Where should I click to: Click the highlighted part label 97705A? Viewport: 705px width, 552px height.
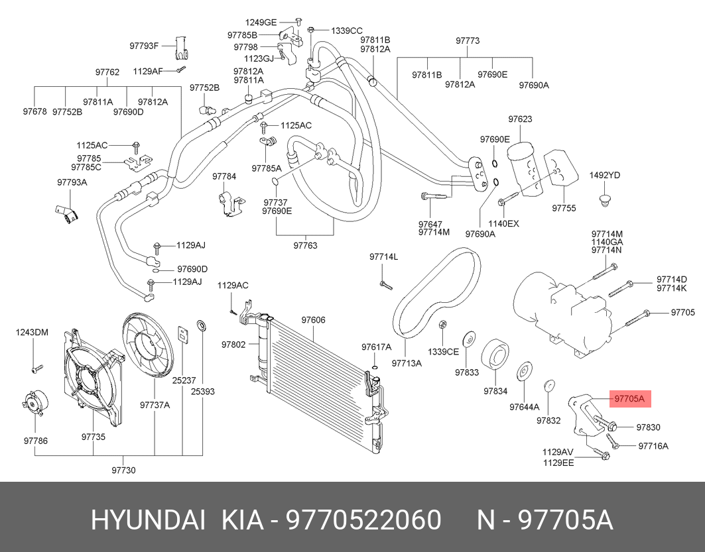click(629, 399)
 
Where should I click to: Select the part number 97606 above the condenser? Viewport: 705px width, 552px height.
click(313, 320)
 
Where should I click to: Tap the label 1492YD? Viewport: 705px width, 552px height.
click(604, 175)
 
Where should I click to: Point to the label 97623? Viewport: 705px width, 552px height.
click(521, 119)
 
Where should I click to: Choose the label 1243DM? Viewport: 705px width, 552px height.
click(32, 332)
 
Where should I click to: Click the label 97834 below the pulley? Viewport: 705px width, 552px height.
click(495, 391)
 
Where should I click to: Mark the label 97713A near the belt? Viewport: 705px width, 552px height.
click(407, 362)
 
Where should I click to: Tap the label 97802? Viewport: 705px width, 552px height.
click(233, 345)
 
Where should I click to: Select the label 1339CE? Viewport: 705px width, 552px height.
click(443, 352)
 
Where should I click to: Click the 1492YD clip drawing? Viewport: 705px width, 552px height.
click(604, 199)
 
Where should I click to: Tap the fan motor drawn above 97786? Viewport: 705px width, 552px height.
click(33, 406)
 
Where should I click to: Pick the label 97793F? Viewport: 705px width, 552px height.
click(144, 46)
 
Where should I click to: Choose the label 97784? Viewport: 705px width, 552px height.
click(224, 176)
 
